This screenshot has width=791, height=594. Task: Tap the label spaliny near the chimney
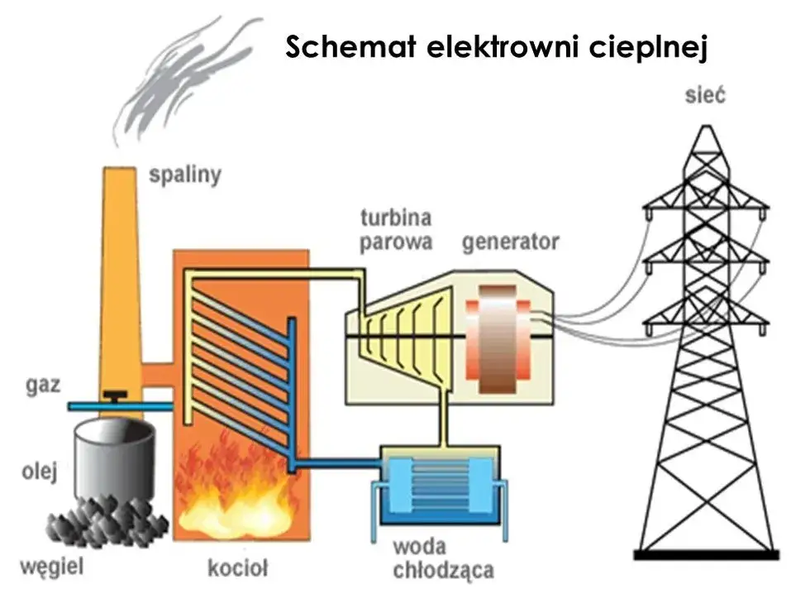(185, 175)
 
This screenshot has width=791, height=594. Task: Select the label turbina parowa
(396, 230)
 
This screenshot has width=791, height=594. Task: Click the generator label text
(510, 242)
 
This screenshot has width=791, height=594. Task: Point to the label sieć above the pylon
(705, 95)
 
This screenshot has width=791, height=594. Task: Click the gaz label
(42, 387)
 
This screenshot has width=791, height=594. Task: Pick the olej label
(39, 472)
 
